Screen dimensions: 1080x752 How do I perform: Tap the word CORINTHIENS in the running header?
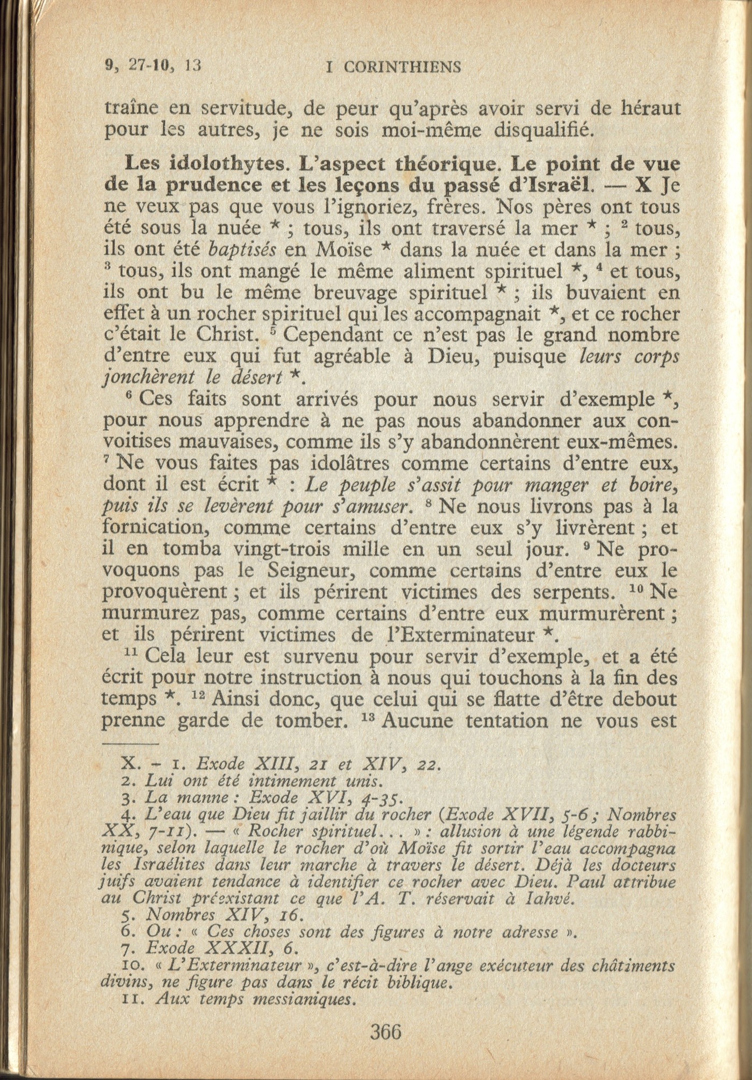402,67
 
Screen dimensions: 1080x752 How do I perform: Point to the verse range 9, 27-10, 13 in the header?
153,65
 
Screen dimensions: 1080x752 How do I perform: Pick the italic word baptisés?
242,250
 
